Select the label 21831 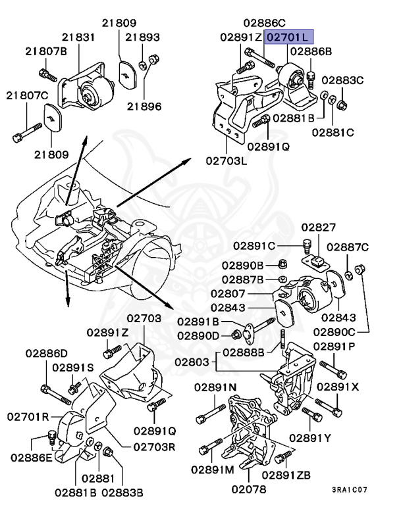78,38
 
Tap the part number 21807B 47,51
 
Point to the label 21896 144,105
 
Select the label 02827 319,228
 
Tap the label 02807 228,293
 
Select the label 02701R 28,416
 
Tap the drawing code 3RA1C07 350,490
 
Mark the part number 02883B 121,491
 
